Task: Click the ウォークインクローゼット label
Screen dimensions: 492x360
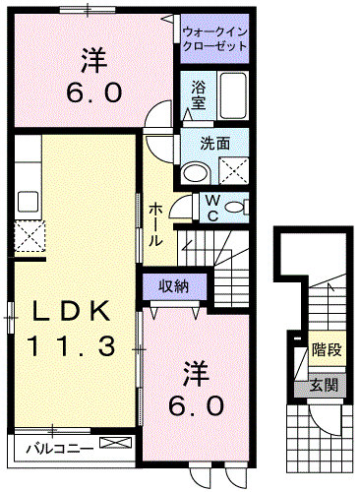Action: [x=214, y=40]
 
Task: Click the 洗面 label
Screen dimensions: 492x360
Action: [x=215, y=143]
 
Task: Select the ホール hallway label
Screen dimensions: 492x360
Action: [x=156, y=224]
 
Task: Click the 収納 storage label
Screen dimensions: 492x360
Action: [x=174, y=285]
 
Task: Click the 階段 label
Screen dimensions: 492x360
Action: [x=327, y=348]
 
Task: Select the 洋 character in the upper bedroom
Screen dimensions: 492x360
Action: [x=94, y=61]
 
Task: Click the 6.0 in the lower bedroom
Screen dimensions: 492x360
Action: [x=195, y=404]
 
